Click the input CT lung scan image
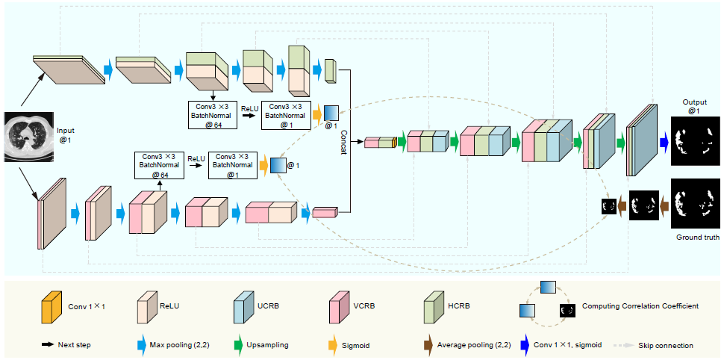pyautogui.click(x=28, y=137)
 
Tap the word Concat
pyautogui.click(x=343, y=140)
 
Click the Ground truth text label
pyautogui.click(x=698, y=238)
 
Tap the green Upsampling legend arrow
pyautogui.click(x=239, y=345)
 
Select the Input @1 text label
pyautogui.click(x=66, y=135)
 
